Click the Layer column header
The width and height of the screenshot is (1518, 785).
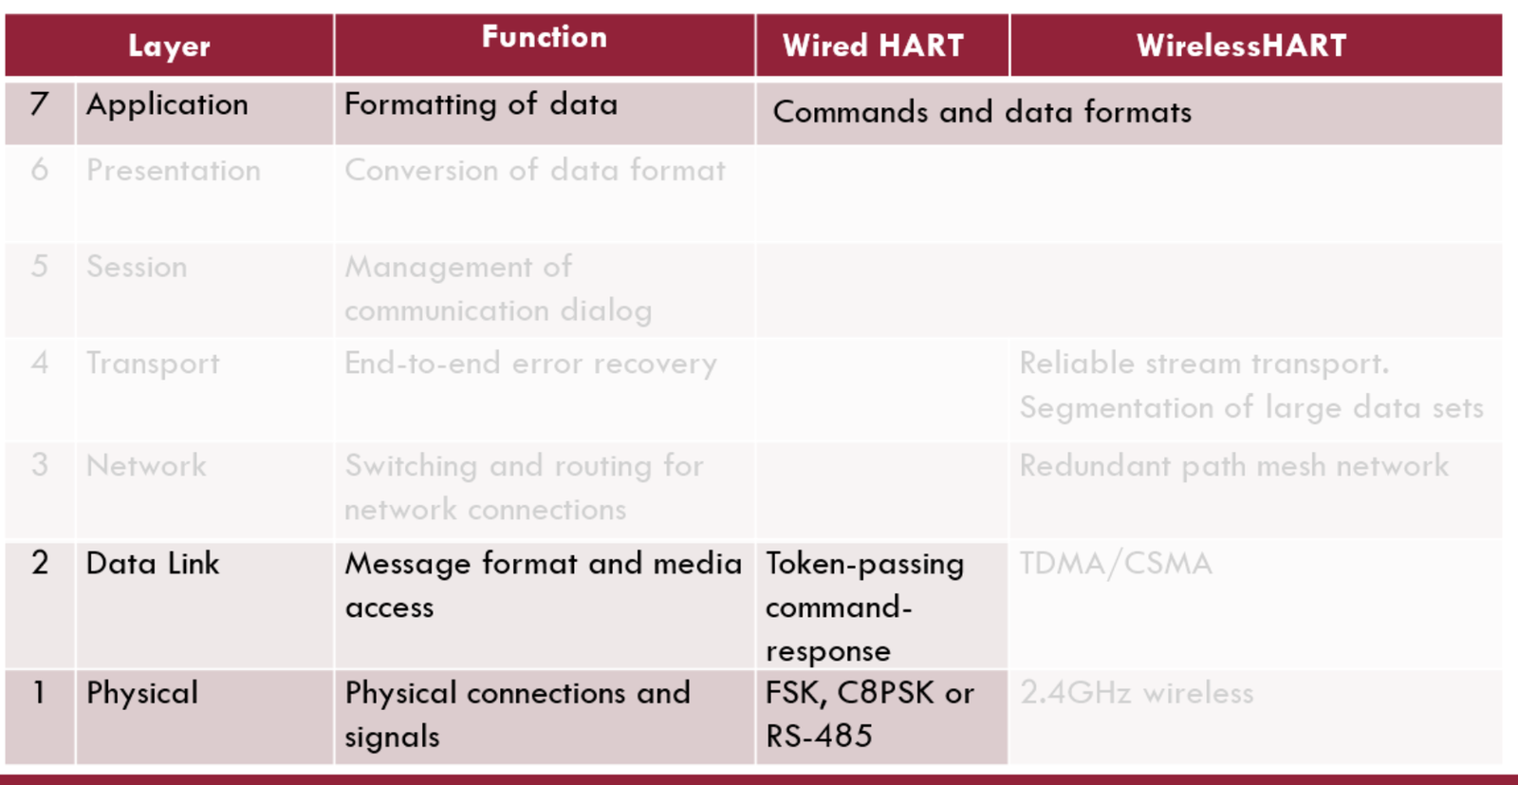click(169, 47)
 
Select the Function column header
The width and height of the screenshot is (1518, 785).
click(545, 37)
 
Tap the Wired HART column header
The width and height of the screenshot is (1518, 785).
click(873, 46)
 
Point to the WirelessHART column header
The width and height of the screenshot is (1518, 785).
click(1242, 46)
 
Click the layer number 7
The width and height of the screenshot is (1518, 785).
click(39, 104)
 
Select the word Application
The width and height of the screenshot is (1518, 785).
click(167, 105)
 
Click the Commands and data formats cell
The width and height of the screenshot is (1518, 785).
click(982, 112)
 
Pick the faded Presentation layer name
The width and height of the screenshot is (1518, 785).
click(174, 170)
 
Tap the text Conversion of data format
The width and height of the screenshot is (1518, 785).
click(535, 170)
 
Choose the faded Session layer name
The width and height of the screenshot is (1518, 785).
click(137, 267)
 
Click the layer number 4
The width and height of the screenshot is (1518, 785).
click(39, 363)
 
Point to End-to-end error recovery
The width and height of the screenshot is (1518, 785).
click(530, 364)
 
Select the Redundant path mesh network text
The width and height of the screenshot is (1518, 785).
click(1234, 466)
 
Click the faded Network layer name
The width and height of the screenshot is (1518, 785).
click(146, 466)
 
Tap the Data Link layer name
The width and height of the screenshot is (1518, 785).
click(153, 563)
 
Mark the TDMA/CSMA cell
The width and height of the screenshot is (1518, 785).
click(1116, 563)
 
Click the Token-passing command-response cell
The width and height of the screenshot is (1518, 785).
click(864, 607)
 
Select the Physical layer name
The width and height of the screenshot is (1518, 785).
click(142, 694)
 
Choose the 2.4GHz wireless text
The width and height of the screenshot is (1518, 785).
click(1138, 693)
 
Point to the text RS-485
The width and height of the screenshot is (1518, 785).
click(819, 737)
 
